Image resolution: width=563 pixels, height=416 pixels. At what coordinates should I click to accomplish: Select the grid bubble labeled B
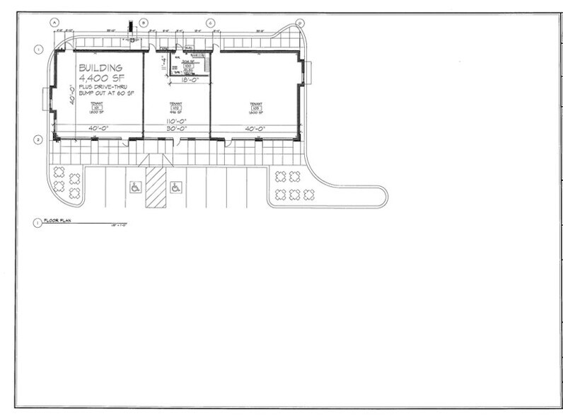[144, 22]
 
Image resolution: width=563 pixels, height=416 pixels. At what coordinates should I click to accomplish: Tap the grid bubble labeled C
[210, 22]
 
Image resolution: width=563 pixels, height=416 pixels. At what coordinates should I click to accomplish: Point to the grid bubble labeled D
[300, 22]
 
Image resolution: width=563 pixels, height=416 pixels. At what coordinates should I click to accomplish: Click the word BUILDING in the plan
[100, 69]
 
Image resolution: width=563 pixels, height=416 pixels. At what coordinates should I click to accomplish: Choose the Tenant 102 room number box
[176, 108]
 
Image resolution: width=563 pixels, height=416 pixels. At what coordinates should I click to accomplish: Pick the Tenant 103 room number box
[256, 108]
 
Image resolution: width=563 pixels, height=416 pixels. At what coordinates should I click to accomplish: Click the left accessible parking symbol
[135, 187]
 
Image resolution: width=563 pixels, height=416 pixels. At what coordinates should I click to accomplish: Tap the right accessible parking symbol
[174, 187]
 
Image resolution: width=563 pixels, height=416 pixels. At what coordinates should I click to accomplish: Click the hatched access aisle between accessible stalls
[155, 187]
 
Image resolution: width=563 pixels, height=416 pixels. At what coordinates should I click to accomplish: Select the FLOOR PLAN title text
[58, 221]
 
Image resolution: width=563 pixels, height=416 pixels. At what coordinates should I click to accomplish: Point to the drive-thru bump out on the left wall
[46, 98]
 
